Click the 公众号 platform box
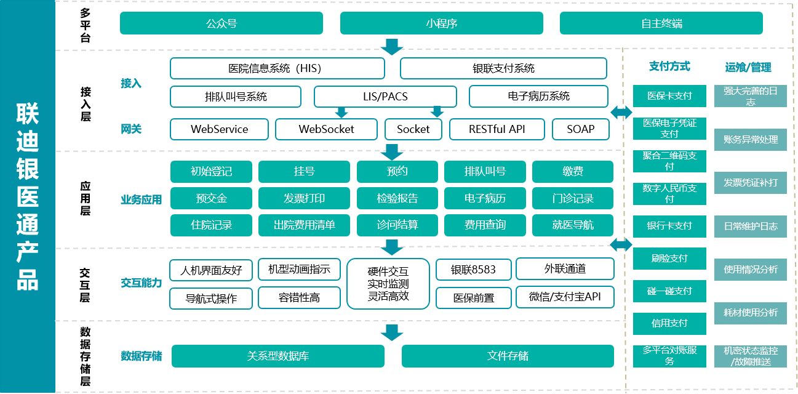pos(221,23)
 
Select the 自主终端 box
pos(661,23)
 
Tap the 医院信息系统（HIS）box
pos(277,68)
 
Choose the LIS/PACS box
pos(385,96)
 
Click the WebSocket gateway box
pos(326,129)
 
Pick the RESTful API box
pos(497,129)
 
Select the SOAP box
pos(581,129)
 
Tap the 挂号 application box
pos(304,172)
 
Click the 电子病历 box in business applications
pos(485,198)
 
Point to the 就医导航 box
pos(572,225)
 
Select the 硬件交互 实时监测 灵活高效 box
pos(388,284)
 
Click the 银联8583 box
pos(474,270)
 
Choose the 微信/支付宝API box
pos(565,297)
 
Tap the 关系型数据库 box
pos(278,356)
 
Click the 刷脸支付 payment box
pos(669,259)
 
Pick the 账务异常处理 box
pos(751,139)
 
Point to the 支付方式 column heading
pos(669,66)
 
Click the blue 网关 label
pos(131,129)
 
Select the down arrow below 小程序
pos(392,47)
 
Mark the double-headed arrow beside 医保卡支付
pos(621,112)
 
